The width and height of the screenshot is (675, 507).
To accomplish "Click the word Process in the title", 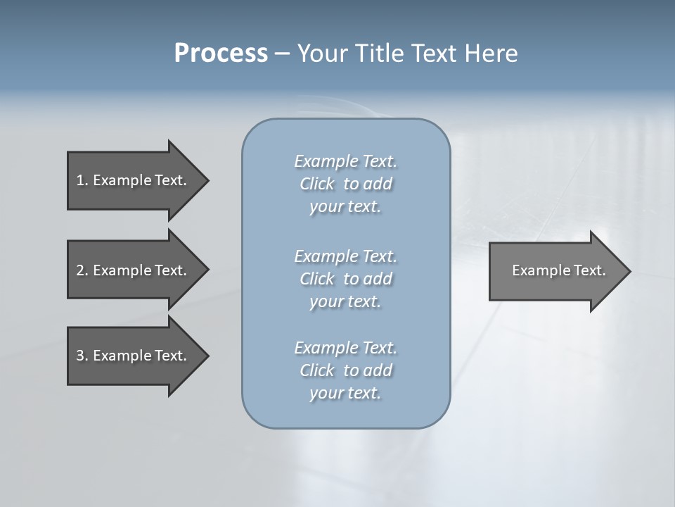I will pos(221,54).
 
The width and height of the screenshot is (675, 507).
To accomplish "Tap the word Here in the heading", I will pos(490,54).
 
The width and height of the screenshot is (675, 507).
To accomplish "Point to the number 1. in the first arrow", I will pos(82,180).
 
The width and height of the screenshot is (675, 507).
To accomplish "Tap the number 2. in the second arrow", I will pos(82,270).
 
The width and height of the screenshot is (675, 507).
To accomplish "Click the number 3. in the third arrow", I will pos(82,356).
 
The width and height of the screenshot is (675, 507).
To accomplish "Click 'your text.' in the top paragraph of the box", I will pos(345,207).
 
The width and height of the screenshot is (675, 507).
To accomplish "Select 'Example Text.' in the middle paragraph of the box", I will pos(345,256).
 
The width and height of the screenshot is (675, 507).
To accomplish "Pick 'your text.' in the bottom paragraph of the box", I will pos(345,393).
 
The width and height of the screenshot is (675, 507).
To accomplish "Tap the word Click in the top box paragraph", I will pos(317,184).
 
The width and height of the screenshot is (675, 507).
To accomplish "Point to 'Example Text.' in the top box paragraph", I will pos(345,161).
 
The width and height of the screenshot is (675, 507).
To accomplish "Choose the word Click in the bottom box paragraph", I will pos(317,370).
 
